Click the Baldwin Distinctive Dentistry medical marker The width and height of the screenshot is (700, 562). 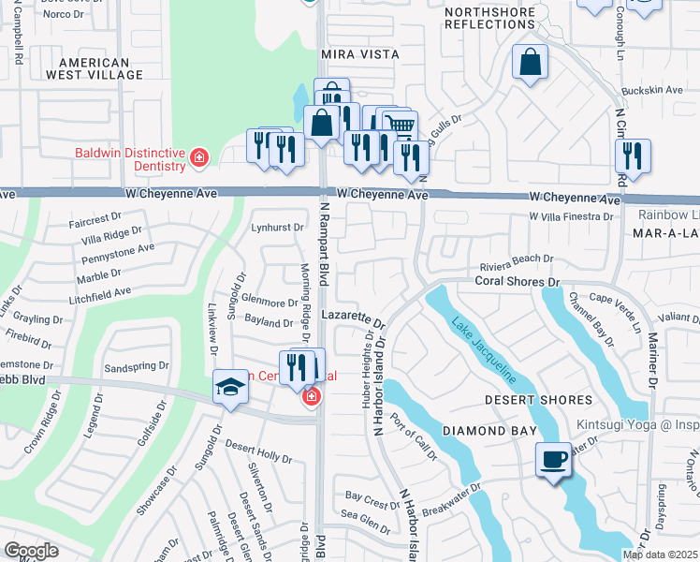click(198, 158)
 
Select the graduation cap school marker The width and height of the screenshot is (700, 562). click(229, 387)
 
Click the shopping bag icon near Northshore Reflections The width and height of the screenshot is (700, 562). click(530, 63)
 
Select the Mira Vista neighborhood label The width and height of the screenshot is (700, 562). click(360, 55)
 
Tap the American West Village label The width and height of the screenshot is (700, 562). click(100, 67)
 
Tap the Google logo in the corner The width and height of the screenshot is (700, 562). click(31, 551)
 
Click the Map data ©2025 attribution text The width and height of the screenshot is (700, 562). click(660, 555)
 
